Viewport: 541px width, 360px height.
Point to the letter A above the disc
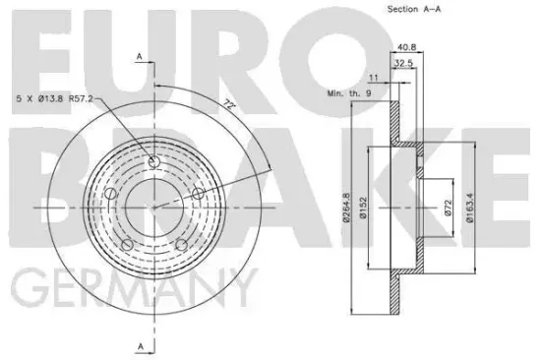click(x=140, y=56)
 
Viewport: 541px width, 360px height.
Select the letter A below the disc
click(x=140, y=345)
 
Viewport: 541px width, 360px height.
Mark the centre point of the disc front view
click(x=154, y=207)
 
